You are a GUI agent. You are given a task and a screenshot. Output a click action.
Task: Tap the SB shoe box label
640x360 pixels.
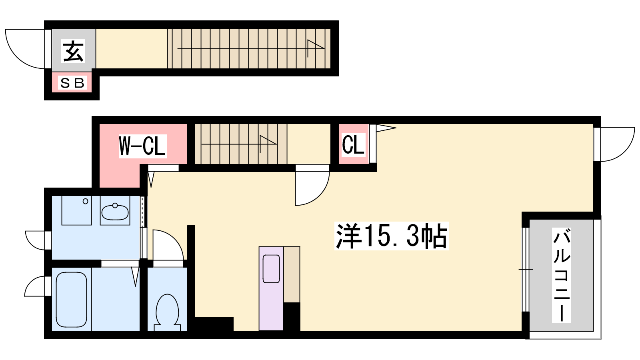click(x=72, y=83)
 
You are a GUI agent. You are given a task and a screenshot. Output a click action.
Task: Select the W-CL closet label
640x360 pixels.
click(x=142, y=146)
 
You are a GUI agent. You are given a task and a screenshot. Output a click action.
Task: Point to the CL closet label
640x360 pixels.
click(x=353, y=145)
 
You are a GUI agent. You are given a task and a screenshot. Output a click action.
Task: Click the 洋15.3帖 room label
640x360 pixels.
click(x=392, y=236)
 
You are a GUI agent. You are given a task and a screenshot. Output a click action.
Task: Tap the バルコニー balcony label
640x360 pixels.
click(x=562, y=275)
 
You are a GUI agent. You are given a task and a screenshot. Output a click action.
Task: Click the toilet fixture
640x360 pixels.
click(x=167, y=313)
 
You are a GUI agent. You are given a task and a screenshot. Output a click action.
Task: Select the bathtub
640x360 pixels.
click(x=72, y=300)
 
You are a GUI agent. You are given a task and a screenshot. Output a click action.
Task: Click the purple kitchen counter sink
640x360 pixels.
click(x=271, y=268)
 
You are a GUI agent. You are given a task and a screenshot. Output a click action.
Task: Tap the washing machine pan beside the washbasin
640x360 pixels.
click(x=76, y=210)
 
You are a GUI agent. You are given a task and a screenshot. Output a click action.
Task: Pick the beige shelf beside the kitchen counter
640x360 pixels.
click(x=292, y=274)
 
